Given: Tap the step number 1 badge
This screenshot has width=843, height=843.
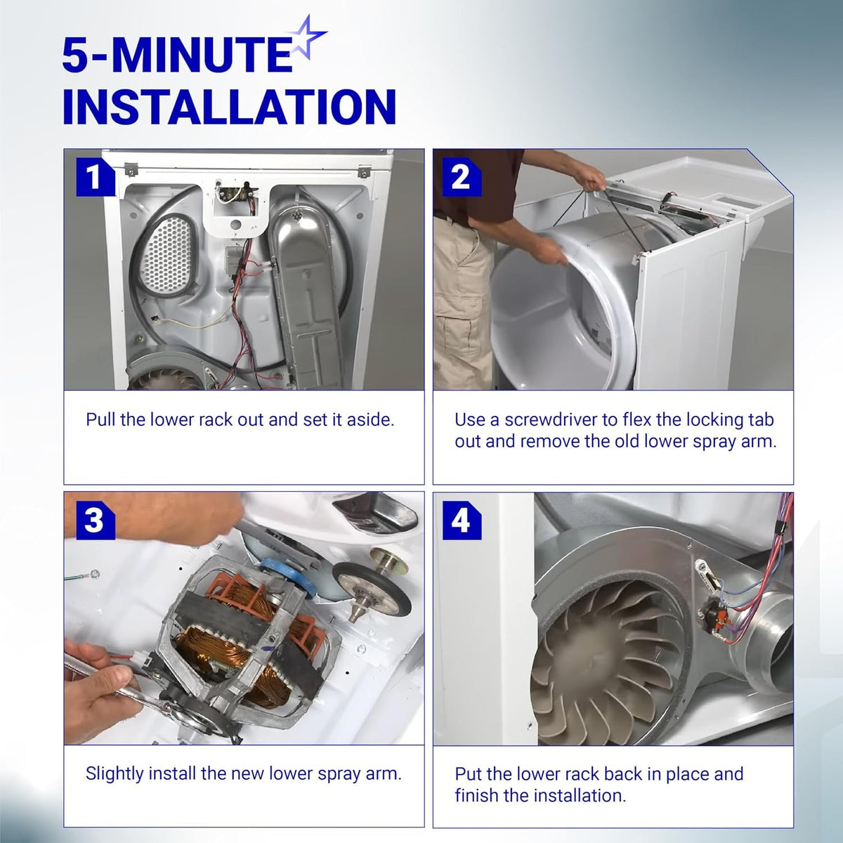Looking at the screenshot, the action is (96, 177).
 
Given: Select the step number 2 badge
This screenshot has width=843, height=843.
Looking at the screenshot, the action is (462, 177).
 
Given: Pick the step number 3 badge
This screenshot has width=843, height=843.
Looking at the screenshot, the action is (96, 520).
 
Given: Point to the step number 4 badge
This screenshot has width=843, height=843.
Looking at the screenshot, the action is (462, 520).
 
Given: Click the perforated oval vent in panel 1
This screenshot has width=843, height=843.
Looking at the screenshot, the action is (169, 255).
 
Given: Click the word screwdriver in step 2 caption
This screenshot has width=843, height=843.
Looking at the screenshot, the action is (550, 420).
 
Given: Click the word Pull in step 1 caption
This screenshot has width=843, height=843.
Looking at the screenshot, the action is (100, 419).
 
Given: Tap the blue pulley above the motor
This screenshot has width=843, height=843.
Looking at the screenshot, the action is (288, 575).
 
